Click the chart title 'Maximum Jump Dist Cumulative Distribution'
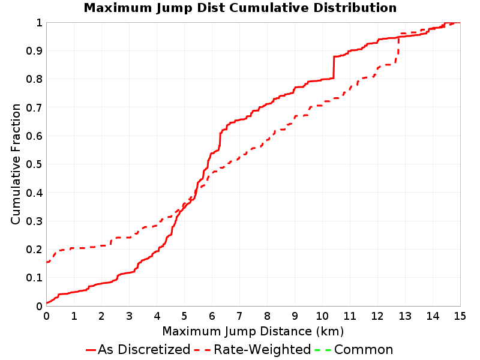click(x=241, y=8)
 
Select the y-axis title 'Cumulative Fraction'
click(x=16, y=164)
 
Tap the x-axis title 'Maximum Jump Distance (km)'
click(x=253, y=332)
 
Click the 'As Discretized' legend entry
click(x=138, y=349)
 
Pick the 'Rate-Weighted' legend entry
click(x=253, y=349)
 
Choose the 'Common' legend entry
click(x=354, y=349)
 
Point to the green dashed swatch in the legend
click(x=323, y=350)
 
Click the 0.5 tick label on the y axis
click(x=34, y=164)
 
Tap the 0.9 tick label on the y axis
click(x=34, y=50)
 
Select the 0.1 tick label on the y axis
click(x=34, y=278)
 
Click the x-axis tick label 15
click(x=460, y=316)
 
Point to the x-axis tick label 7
click(x=239, y=316)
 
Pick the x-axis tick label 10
click(x=322, y=316)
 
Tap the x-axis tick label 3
click(x=129, y=316)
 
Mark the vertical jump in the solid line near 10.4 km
click(x=334, y=67)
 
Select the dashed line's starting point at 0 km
click(x=47, y=262)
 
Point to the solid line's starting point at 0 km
click(x=47, y=303)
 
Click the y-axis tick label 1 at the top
click(x=39, y=23)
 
